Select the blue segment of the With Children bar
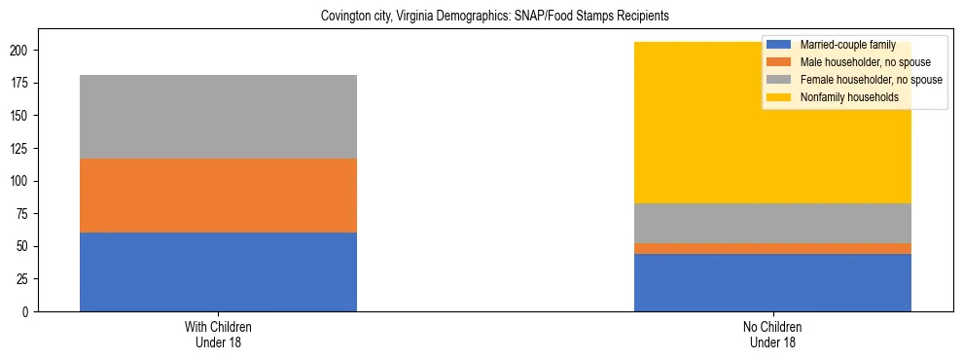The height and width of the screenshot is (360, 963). (x=218, y=271)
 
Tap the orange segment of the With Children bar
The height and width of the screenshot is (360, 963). (x=218, y=196)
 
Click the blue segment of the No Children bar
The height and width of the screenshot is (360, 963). (x=772, y=282)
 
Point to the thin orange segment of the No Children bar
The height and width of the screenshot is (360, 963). (x=772, y=249)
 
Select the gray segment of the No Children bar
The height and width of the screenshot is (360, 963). (x=772, y=223)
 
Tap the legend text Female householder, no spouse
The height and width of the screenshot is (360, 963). (x=871, y=80)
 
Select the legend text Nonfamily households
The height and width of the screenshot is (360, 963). (x=848, y=97)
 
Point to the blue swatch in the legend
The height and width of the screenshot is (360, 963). (x=779, y=45)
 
